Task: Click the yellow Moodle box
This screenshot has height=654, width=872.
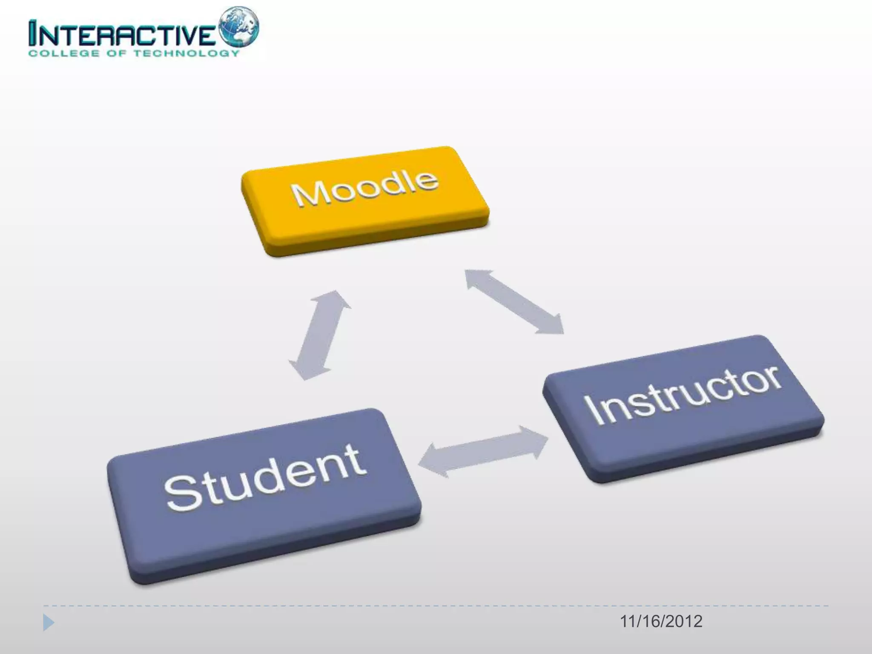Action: coord(365,200)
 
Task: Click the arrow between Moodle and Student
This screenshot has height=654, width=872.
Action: coord(320,335)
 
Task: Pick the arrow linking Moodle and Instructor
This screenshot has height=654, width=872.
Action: coord(514,301)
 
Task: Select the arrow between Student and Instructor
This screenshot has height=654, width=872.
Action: coord(483,451)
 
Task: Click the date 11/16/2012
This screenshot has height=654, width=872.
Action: coord(661,622)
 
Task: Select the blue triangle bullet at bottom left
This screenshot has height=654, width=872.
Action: coord(49,623)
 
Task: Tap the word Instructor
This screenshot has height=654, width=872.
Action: coord(683,394)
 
